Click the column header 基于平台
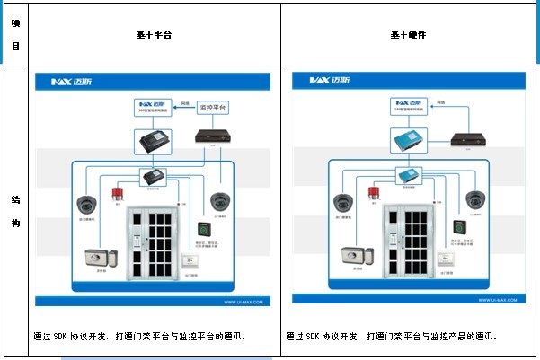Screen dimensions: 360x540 point(154,34)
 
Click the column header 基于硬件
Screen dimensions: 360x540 point(408,34)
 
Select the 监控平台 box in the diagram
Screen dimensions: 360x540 point(211,106)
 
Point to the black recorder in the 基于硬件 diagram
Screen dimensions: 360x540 point(466,137)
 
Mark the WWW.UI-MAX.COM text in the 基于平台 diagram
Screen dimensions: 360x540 point(243,303)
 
